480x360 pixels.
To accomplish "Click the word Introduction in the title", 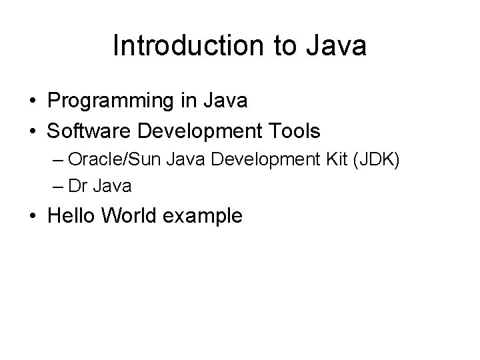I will tap(189, 46).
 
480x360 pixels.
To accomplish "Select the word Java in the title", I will tap(339, 46).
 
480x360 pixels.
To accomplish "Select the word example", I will tap(206, 217).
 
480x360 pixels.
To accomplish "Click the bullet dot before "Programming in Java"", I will tap(32, 102).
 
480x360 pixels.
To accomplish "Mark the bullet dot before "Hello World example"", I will tap(32, 217).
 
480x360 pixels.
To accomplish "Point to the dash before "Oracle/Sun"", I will tap(57, 161).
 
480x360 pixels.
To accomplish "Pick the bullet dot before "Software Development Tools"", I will tap(32, 131).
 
